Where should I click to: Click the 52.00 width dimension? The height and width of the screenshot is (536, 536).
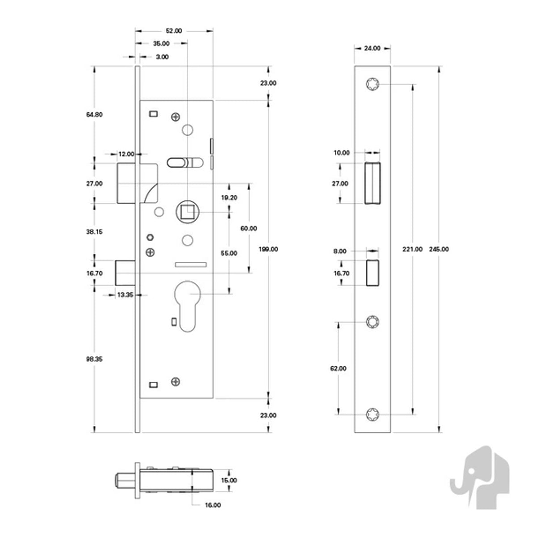[174, 31]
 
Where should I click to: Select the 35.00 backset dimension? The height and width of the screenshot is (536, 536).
[161, 44]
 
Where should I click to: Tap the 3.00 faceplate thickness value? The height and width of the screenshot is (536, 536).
[162, 57]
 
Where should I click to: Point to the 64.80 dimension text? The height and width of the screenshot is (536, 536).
[94, 115]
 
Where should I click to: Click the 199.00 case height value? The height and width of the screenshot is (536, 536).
[268, 249]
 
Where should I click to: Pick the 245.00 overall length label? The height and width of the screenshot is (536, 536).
[439, 249]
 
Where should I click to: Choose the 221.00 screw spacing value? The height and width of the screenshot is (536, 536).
[413, 249]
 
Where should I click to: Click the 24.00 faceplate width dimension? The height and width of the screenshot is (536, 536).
[372, 48]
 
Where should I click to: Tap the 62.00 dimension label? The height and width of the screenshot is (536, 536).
[338, 368]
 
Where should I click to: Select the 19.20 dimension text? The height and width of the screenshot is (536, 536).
[229, 198]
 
